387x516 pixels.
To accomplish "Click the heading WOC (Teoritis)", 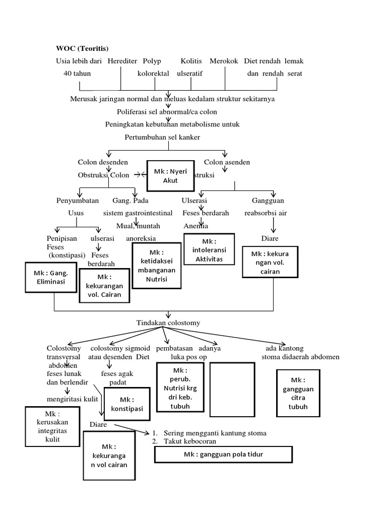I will (x=82, y=48).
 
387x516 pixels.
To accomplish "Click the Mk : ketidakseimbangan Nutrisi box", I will (x=156, y=265).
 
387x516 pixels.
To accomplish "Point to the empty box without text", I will (x=231, y=389).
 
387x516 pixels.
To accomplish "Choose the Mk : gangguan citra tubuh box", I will (x=298, y=393).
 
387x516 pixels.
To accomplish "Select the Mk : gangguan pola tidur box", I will (x=223, y=455).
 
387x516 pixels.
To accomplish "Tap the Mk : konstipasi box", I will (x=127, y=404).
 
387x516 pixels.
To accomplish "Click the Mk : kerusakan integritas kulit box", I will (x=52, y=426).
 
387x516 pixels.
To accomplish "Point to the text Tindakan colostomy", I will (x=168, y=322).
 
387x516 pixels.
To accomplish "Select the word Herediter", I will (x=122, y=61).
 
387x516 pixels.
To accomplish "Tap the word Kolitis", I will (x=191, y=61).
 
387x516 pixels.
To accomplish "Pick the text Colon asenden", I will (x=227, y=162).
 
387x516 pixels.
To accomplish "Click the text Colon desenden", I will (x=102, y=162).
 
